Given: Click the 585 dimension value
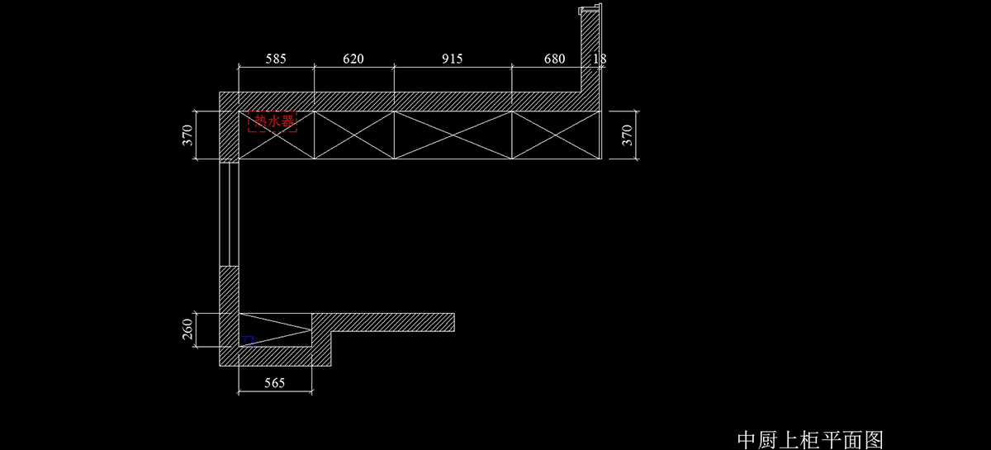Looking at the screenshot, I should [277, 59].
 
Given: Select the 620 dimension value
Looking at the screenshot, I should [353, 59].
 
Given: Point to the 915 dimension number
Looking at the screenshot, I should [452, 59].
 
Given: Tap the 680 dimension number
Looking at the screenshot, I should [555, 59].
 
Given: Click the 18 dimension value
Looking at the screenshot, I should [600, 59].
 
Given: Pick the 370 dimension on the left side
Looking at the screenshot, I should [187, 135].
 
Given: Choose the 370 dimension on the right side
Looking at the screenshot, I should [627, 135].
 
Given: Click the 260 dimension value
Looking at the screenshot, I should [187, 330].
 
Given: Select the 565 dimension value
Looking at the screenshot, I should [274, 382].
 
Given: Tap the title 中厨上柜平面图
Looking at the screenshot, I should [810, 438].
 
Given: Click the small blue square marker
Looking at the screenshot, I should [248, 339].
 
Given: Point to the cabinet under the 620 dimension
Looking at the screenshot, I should [353, 135].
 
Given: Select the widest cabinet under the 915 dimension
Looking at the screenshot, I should [453, 135].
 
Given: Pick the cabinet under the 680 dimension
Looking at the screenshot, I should [553, 135].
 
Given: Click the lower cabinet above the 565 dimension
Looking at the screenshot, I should [274, 330].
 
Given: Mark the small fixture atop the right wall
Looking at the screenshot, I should [589, 10].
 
